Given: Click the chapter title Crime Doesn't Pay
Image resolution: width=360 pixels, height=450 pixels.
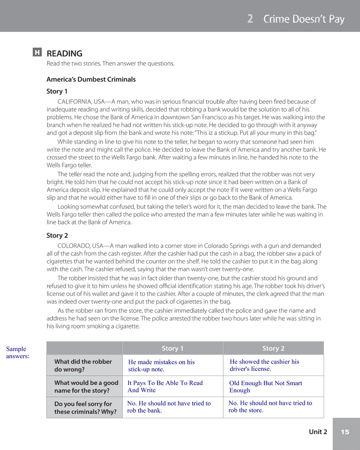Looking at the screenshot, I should (304, 19).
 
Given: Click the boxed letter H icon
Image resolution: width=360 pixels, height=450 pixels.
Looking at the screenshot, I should (37, 53).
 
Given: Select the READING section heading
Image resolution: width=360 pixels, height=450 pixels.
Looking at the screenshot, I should (64, 54).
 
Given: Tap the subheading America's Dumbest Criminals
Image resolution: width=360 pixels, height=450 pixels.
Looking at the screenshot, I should (91, 80).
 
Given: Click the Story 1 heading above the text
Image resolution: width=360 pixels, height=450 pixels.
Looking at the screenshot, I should (57, 91).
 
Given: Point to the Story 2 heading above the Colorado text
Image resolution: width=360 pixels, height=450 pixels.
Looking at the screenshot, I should (57, 235).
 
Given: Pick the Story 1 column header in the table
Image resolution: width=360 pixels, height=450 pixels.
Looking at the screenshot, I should (172, 348).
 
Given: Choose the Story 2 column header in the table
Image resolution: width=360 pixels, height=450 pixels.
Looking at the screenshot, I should (273, 348).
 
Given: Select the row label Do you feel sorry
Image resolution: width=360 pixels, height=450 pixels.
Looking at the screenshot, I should (85, 408).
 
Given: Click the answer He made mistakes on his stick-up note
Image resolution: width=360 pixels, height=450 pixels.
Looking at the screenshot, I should (161, 365).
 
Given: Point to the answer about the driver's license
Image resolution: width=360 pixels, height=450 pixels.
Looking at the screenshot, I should (264, 365).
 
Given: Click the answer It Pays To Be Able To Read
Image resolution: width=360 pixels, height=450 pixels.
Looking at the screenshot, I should (165, 386).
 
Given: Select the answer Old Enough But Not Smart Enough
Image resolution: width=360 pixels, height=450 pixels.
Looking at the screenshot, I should (265, 387).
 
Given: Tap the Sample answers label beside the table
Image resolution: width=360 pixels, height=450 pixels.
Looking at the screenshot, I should (18, 352).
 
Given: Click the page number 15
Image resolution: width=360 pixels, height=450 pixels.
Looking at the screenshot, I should (345, 432).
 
